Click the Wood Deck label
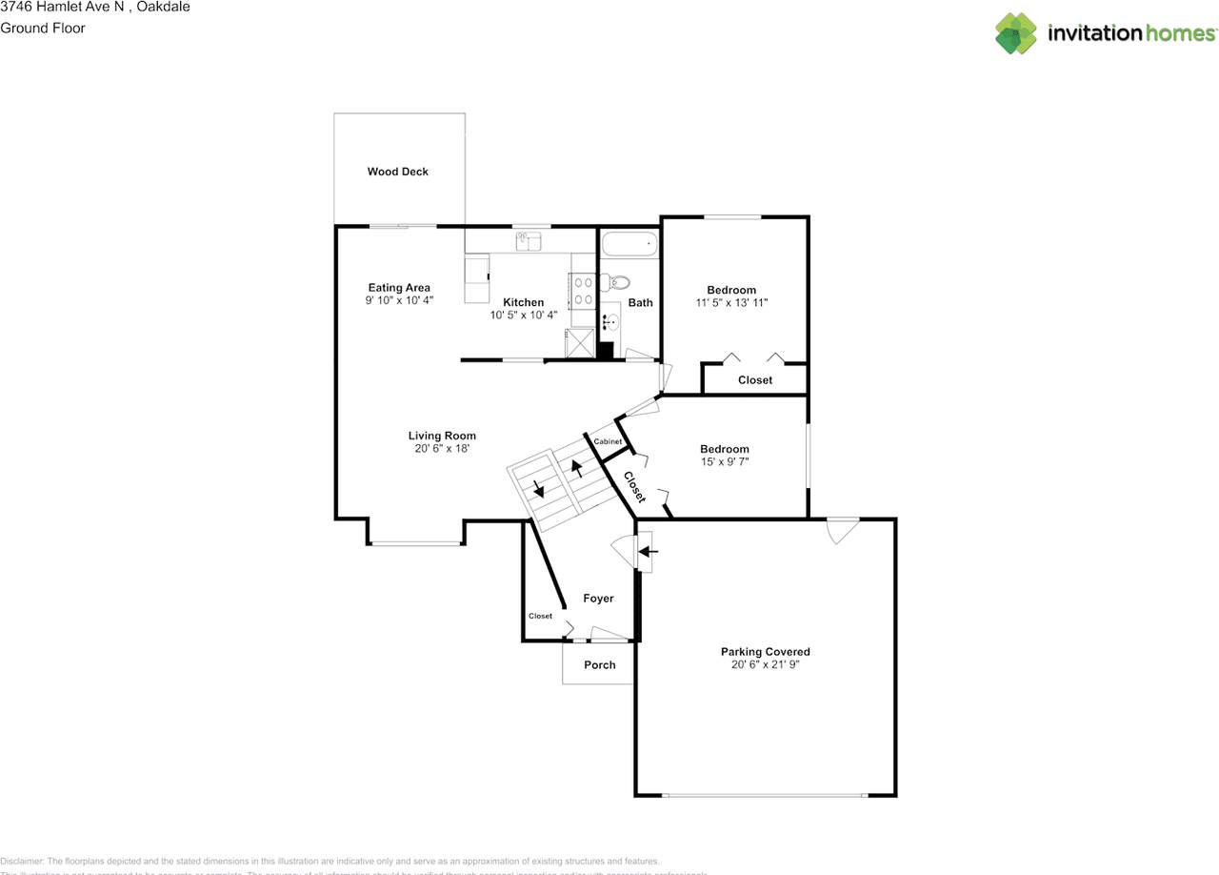click(398, 172)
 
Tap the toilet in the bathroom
click(618, 282)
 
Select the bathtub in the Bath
click(629, 245)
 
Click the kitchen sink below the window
click(529, 242)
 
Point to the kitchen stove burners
click(583, 291)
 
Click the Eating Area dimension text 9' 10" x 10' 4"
click(399, 300)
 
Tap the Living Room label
click(442, 436)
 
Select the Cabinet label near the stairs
click(608, 442)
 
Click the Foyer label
click(598, 599)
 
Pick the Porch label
click(600, 665)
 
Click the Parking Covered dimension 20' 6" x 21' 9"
click(765, 665)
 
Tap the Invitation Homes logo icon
click(1016, 33)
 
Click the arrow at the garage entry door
click(648, 551)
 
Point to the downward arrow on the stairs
click(539, 490)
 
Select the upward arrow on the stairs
click(576, 469)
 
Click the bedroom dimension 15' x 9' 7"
click(724, 462)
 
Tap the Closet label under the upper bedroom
click(755, 380)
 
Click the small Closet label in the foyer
click(540, 616)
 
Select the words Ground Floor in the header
click(43, 28)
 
